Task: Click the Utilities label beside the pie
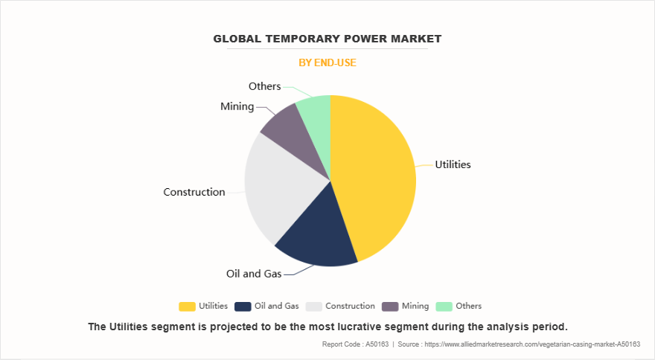(453, 164)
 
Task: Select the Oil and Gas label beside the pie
(254, 274)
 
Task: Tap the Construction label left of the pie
(194, 192)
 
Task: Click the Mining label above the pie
(237, 106)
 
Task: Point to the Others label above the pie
(264, 86)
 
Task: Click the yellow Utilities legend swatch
(187, 306)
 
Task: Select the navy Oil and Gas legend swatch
(242, 306)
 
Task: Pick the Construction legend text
(350, 306)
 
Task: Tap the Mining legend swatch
(389, 306)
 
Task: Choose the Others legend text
(469, 306)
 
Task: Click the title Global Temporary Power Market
(327, 38)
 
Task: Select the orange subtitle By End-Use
(327, 62)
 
